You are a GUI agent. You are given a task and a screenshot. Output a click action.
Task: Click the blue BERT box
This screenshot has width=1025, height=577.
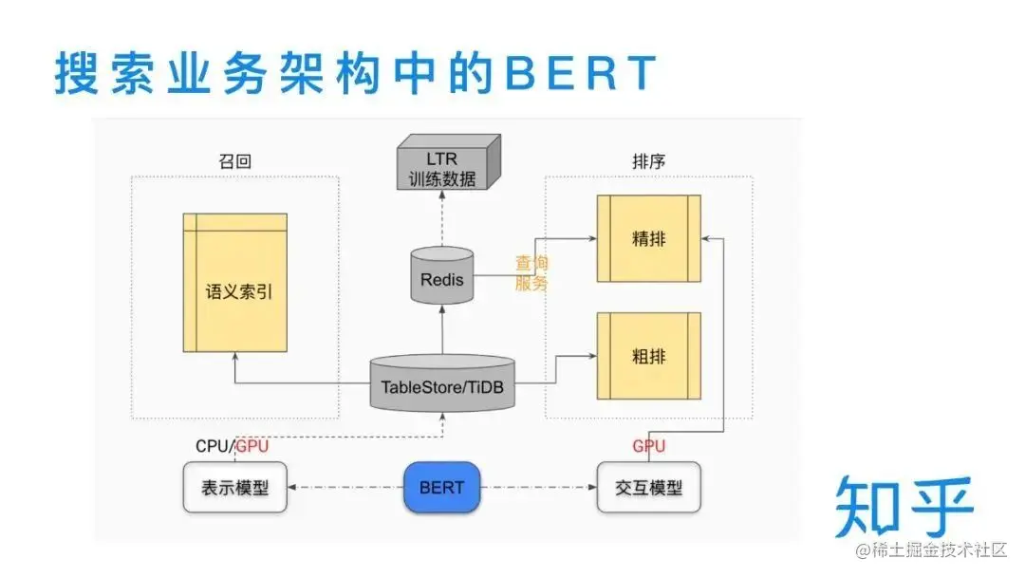(441, 488)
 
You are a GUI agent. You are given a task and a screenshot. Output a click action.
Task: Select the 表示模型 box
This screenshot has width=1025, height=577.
(234, 488)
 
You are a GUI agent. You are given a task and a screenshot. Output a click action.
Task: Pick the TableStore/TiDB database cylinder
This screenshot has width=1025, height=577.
(441, 384)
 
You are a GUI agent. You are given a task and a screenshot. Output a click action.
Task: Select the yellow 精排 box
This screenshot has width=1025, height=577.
(648, 239)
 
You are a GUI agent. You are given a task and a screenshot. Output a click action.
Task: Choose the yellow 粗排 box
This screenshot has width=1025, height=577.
(648, 357)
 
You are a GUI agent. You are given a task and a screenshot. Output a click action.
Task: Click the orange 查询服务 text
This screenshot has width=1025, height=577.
(531, 273)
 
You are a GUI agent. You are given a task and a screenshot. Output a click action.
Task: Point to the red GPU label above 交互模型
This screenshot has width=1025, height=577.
(649, 446)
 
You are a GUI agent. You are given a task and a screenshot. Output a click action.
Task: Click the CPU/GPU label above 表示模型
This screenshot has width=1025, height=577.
(233, 446)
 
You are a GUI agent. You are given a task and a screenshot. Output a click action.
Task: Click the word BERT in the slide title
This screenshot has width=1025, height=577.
(579, 73)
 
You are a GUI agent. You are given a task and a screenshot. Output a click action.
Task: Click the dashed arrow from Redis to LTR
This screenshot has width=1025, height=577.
(441, 218)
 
